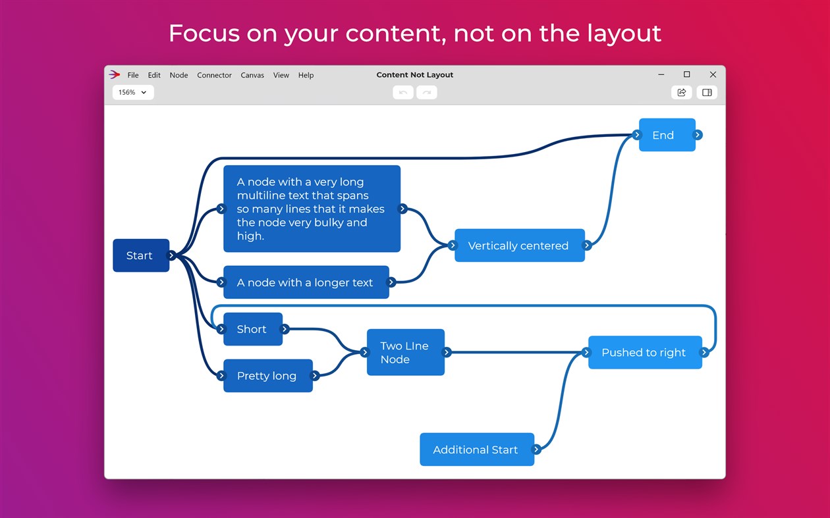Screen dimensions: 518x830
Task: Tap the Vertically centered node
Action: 519,246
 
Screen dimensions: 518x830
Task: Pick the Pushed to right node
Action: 644,352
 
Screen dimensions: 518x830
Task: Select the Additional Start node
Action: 476,450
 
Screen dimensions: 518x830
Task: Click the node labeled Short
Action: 252,329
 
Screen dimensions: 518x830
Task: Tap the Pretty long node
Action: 267,376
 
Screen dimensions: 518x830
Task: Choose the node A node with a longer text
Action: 306,282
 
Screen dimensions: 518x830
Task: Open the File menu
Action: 133,75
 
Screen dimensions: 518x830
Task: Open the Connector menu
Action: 214,75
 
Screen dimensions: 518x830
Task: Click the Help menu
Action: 306,75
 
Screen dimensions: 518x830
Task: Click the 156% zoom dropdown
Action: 133,92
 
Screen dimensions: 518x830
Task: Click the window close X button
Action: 713,74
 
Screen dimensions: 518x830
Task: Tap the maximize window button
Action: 686,74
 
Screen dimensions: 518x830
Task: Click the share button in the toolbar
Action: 682,92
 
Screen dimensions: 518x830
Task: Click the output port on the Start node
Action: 171,255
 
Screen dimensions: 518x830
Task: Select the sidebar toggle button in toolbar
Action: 707,92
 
